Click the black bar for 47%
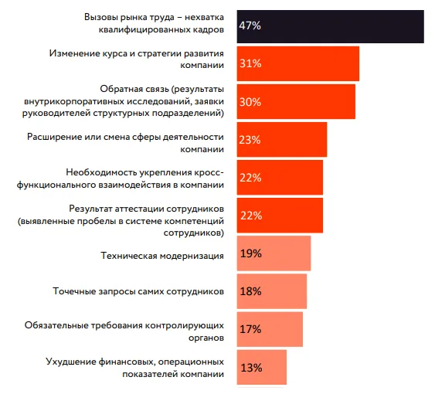coord(330,26)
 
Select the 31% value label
coord(250,63)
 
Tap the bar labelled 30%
coord(296,101)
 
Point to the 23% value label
coord(250,140)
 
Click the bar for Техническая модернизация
coord(274,253)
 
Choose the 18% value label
coord(251,291)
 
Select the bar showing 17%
coord(270,329)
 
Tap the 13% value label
coord(251,368)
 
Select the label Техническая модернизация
coord(162,256)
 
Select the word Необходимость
coord(101,173)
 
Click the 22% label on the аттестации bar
coord(251,216)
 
